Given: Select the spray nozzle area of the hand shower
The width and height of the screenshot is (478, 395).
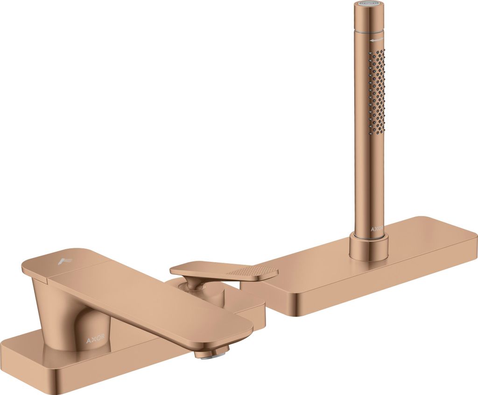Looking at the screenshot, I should [377, 89].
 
